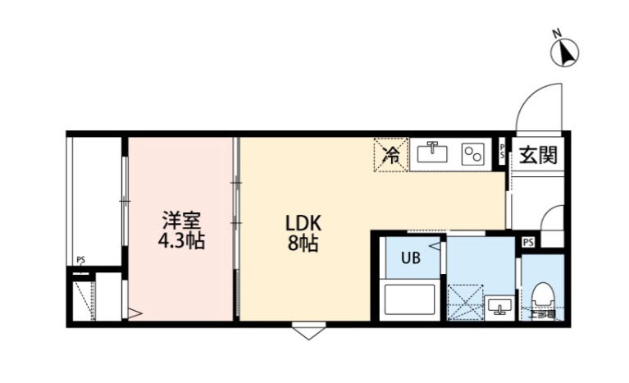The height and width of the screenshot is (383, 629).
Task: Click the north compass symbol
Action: (x=563, y=51)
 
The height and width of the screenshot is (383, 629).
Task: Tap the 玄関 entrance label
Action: (x=538, y=154)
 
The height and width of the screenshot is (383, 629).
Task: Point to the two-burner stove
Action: (x=472, y=153)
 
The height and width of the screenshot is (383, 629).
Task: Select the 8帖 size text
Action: (x=302, y=244)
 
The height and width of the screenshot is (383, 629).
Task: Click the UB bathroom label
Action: (x=409, y=258)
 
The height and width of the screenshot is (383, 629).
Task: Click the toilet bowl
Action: (x=542, y=296)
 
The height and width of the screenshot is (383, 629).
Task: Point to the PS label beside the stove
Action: (x=503, y=153)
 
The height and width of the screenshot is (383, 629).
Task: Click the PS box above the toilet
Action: (x=529, y=242)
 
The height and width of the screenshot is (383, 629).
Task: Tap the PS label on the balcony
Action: (x=80, y=260)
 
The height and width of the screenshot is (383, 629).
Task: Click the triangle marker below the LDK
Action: (x=304, y=332)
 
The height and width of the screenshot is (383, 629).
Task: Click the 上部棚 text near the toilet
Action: (x=541, y=312)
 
